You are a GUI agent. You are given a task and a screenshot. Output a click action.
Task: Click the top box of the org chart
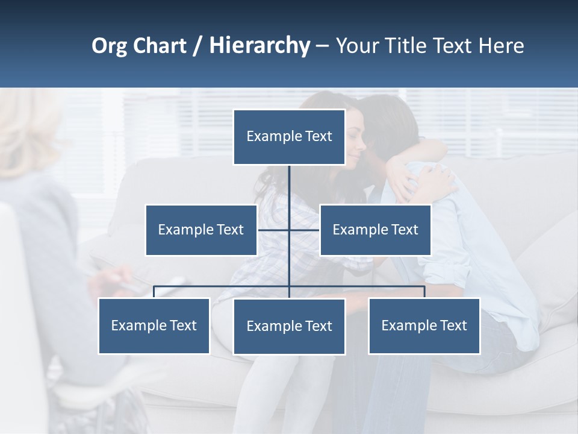[289, 137]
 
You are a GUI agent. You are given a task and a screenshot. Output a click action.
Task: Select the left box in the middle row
[201, 230]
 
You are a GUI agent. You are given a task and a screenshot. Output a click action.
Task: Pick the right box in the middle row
[375, 230]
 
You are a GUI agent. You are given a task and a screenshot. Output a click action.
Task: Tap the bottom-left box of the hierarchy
[154, 325]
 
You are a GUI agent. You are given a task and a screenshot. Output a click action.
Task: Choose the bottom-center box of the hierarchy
[289, 326]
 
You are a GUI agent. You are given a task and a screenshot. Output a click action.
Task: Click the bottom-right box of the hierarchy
[424, 325]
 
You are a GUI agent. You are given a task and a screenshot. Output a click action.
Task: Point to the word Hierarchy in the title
[259, 46]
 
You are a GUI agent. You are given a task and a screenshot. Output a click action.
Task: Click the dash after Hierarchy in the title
[322, 46]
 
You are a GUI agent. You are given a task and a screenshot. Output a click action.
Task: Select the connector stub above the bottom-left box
[154, 292]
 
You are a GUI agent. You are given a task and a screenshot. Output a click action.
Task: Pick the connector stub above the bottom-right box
[424, 292]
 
